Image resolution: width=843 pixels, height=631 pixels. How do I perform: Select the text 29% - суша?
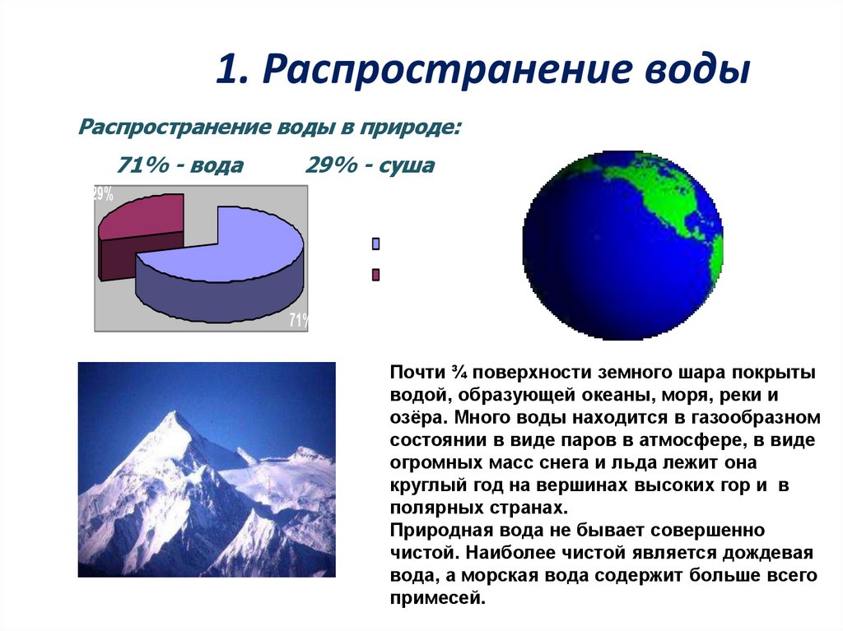(x=370, y=166)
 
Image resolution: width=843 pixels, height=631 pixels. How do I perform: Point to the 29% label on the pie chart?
(x=103, y=194)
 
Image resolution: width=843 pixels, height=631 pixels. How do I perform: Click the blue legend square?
(x=376, y=244)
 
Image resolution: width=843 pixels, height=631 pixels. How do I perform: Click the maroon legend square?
(x=376, y=275)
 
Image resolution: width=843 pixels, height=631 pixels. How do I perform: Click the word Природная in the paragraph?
(x=431, y=529)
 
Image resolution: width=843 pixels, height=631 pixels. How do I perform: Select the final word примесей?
(x=436, y=598)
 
